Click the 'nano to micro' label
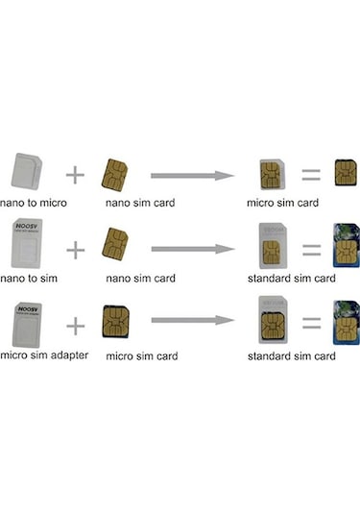[x=37, y=204]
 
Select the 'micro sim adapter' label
[x=45, y=355]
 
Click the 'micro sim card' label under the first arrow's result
[x=282, y=204]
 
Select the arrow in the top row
[x=192, y=175]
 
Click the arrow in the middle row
[x=192, y=249]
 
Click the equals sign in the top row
[x=310, y=174]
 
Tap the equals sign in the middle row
[x=310, y=249]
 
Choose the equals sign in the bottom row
[x=310, y=325]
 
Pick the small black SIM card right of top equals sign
[x=346, y=172]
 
